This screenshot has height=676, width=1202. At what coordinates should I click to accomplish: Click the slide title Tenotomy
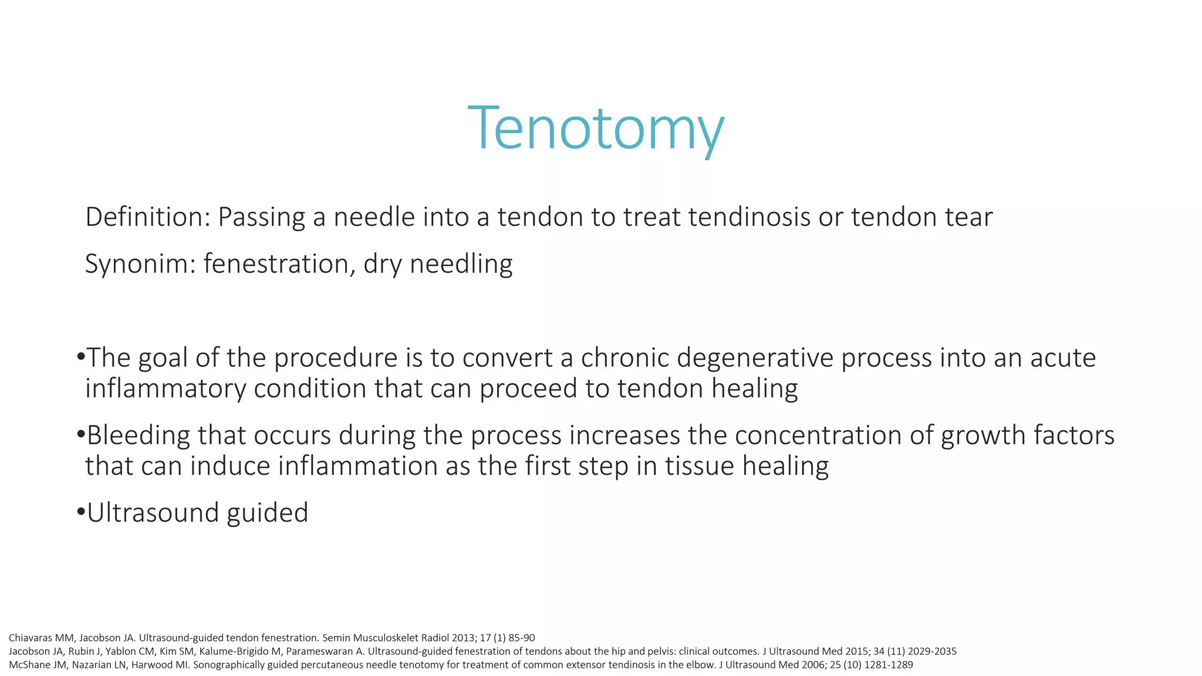click(x=596, y=128)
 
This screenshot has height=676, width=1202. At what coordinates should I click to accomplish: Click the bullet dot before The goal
click(x=81, y=357)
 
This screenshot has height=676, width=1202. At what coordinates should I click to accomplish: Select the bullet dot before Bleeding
click(x=81, y=434)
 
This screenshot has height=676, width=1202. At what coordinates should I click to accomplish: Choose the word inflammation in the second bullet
click(x=357, y=466)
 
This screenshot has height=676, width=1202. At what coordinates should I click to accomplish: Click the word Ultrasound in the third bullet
click(x=153, y=513)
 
